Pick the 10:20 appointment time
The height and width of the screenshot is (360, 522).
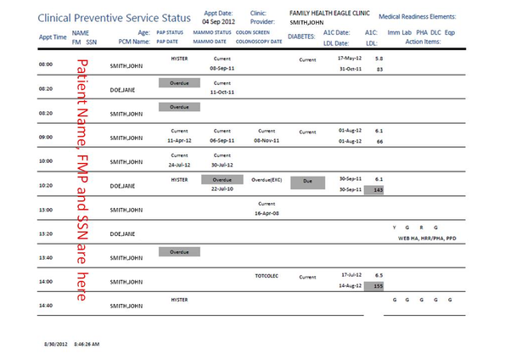[x=46, y=184]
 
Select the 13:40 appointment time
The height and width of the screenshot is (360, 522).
[x=46, y=257]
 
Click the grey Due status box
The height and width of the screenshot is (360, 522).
[x=307, y=182]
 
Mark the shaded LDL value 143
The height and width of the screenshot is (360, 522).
[x=379, y=189]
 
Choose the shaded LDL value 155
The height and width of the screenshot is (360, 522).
[x=379, y=287]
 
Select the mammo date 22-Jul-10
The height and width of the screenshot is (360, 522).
[x=222, y=189]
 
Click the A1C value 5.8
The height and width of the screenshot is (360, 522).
[x=379, y=59]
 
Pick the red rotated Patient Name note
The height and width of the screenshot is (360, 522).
[x=82, y=179]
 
